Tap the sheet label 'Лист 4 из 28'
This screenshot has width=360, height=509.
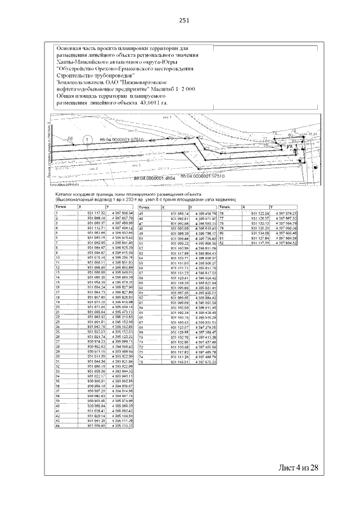click(298, 468)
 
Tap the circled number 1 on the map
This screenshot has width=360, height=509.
click(87, 139)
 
